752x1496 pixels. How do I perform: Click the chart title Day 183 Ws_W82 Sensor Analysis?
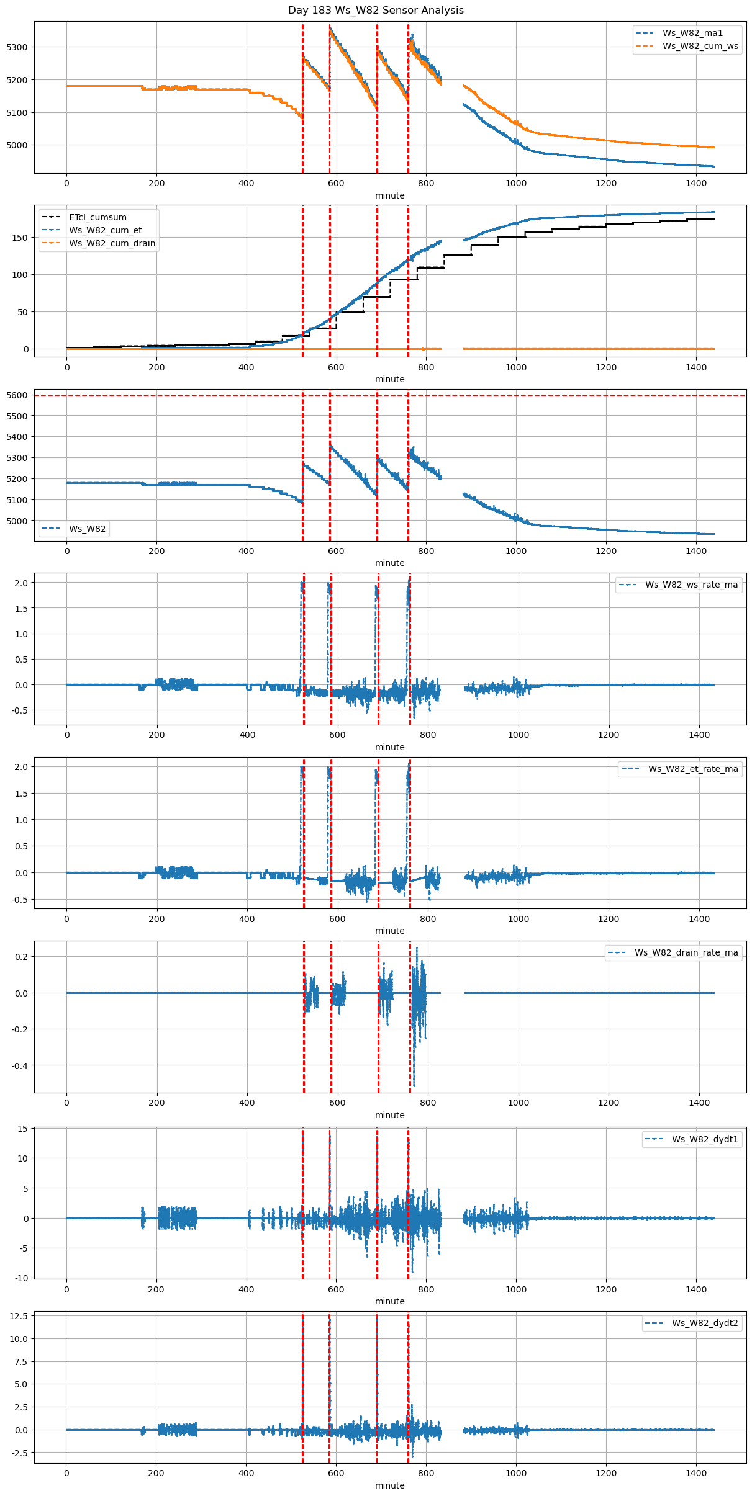coord(376,11)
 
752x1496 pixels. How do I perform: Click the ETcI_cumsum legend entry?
coord(97,217)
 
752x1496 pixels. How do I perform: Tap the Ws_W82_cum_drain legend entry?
coord(112,243)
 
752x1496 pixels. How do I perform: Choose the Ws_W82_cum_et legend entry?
coord(105,230)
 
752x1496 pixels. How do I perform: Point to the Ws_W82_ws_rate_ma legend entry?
coord(691,585)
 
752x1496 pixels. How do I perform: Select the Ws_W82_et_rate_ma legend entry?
coord(693,769)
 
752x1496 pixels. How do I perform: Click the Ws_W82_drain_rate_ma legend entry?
coord(686,952)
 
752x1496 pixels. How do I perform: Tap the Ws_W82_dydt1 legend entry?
coord(705,1139)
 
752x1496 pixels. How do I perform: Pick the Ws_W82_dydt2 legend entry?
coord(705,1323)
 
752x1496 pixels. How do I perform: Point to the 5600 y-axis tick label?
coord(17,395)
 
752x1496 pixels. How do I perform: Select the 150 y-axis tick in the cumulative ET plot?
coord(20,238)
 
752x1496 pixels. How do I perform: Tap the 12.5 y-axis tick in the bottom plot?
coord(19,1315)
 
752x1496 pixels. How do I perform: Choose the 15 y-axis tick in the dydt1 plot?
coord(22,1129)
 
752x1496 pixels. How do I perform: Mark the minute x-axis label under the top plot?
coord(389,195)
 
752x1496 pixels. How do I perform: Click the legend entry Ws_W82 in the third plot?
coord(87,529)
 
